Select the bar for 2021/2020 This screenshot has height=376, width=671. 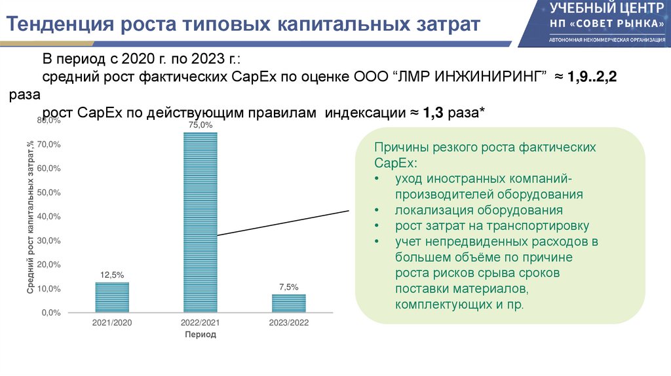pyautogui.click(x=112, y=297)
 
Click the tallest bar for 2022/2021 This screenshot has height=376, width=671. pyautogui.click(x=200, y=223)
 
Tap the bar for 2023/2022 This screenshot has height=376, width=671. pyautogui.click(x=288, y=303)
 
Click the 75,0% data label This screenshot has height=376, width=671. pyautogui.click(x=201, y=125)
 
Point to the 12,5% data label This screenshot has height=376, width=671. pyautogui.click(x=112, y=275)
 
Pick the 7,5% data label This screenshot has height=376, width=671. pyautogui.click(x=288, y=287)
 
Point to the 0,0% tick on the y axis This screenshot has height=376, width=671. pyautogui.click(x=51, y=313)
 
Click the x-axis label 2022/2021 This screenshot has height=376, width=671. pyautogui.click(x=200, y=323)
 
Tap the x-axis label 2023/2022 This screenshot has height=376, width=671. pyautogui.click(x=288, y=323)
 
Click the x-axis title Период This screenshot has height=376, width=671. pyautogui.click(x=200, y=335)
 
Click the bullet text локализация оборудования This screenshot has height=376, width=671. pyautogui.click(x=478, y=210)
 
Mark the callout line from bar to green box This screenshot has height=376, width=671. pyautogui.click(x=282, y=223)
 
